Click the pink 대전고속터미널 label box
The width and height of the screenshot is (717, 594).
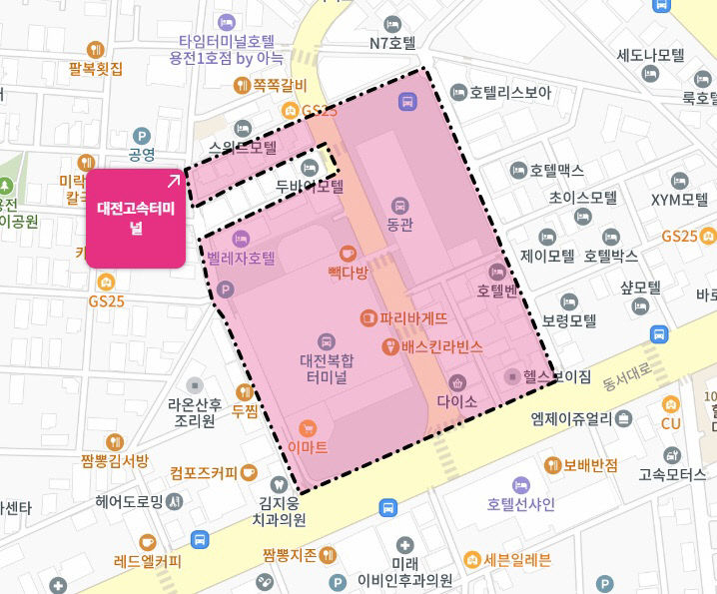136,219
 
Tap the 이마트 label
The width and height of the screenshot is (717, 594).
307,448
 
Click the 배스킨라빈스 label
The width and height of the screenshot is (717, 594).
441,346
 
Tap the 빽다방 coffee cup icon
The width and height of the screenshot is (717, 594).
348,254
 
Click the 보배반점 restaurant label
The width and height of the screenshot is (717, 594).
590,465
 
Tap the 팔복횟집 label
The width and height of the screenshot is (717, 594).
96,69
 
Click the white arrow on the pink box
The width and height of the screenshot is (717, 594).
174,181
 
